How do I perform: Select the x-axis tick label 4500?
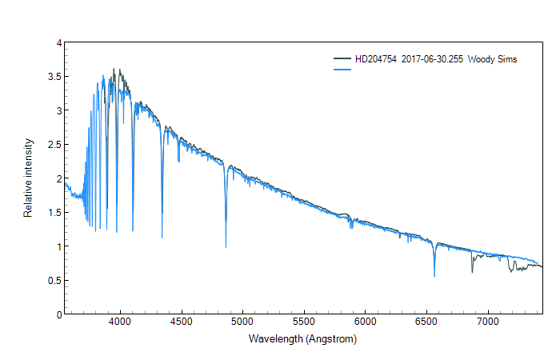(182, 322)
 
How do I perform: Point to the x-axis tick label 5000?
(242, 322)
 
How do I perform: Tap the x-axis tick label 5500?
(304, 322)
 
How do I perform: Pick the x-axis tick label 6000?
(365, 322)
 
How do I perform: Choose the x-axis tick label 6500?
(426, 322)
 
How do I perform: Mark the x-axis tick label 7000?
(488, 322)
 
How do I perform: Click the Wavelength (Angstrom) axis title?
(302, 338)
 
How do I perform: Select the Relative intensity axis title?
(28, 178)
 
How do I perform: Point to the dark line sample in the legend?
(343, 60)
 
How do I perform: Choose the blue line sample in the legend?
(343, 70)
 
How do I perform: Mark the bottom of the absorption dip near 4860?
(226, 247)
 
